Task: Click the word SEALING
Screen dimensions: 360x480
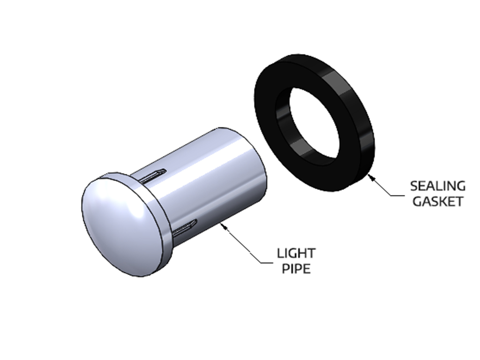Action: tap(438, 186)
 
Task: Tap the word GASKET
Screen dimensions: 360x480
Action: tap(438, 202)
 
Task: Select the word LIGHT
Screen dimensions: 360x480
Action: tap(296, 254)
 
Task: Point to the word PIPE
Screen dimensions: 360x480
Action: tap(296, 270)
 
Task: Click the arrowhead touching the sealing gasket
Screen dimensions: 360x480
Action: tap(370, 176)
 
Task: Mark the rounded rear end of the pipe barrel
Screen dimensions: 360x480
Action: tap(255, 159)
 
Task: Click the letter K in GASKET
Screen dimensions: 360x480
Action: tap(444, 202)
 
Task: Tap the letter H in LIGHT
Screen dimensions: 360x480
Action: tap(301, 254)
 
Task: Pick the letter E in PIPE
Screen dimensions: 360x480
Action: tap(306, 270)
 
